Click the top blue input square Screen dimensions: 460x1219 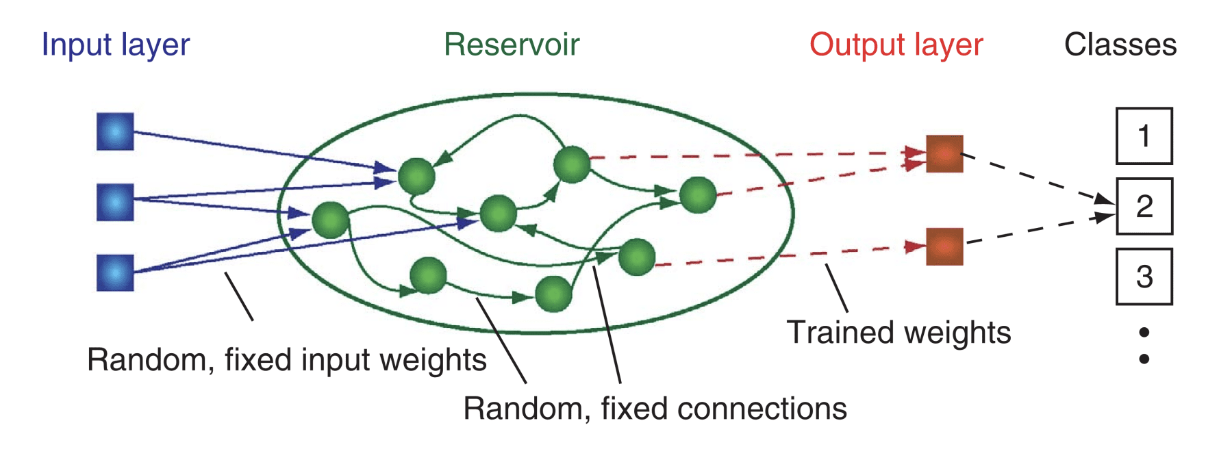coord(115,131)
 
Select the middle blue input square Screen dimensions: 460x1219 coord(115,202)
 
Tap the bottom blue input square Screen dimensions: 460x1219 coord(115,272)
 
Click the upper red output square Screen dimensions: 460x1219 coord(944,153)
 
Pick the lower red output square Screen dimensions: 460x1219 coord(944,246)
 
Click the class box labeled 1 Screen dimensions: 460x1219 coord(1144,136)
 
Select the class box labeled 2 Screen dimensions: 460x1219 coord(1144,206)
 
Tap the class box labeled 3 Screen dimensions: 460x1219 coord(1144,277)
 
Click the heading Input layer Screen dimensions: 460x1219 coord(115,45)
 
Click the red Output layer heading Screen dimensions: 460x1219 coord(896,45)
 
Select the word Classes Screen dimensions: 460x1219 coord(1120,45)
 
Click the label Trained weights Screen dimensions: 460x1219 coord(898,333)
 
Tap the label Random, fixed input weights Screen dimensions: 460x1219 coord(286,360)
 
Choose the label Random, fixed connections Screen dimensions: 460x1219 coord(655,409)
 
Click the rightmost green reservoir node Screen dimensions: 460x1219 coord(698,195)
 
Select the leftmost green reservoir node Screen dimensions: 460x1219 coord(331,220)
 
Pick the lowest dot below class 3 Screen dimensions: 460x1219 coord(1144,359)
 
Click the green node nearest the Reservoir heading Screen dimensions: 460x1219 coord(572,164)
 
